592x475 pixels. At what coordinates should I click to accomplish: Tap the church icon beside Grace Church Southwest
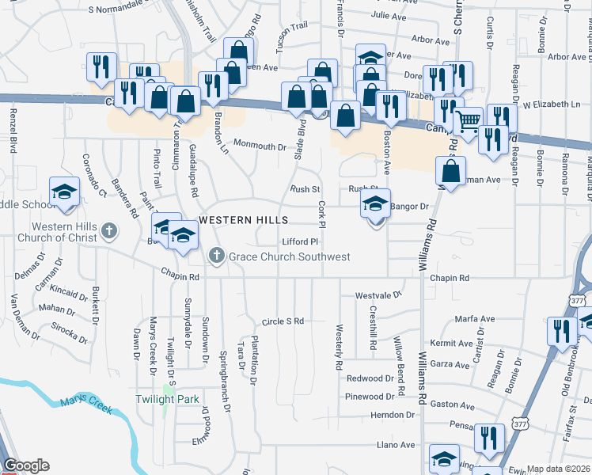click(218, 256)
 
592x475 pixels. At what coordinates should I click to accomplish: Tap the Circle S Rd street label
click(283, 321)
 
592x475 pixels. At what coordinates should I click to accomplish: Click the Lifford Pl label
click(300, 241)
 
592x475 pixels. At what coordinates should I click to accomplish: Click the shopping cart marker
click(468, 121)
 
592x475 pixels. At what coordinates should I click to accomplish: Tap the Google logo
click(26, 465)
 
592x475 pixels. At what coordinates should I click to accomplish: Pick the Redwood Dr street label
click(370, 378)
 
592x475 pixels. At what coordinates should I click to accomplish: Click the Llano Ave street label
click(397, 445)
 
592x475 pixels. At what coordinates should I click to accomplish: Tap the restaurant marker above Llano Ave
click(488, 437)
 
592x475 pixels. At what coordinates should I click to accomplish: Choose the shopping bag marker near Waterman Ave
click(450, 171)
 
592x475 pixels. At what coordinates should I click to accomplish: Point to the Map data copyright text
click(559, 469)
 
